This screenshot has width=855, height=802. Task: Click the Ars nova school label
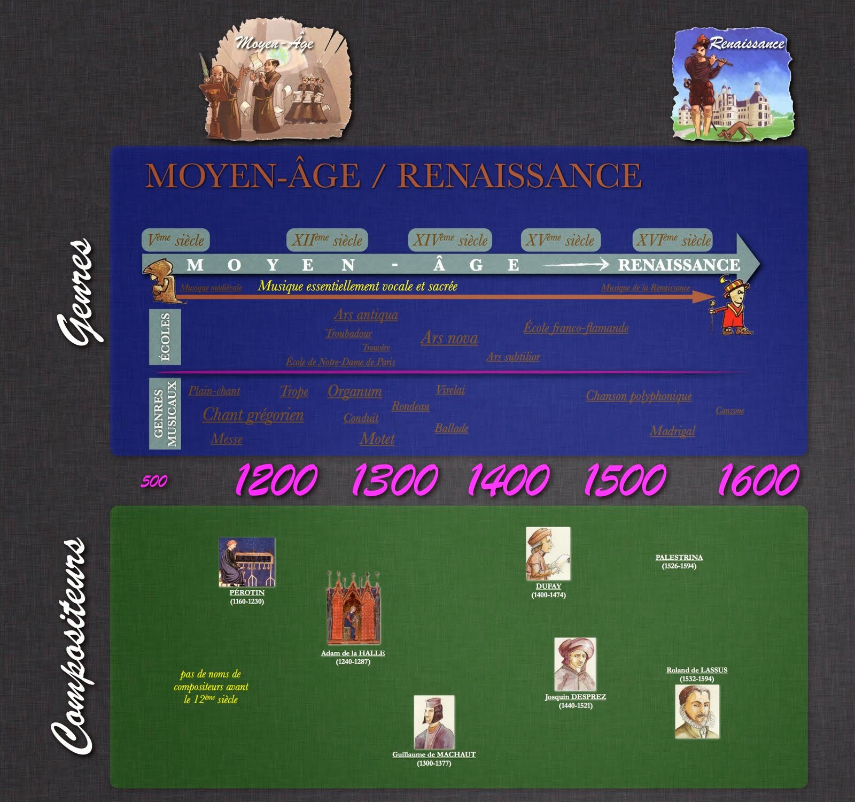449,338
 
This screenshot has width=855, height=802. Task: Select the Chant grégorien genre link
253,415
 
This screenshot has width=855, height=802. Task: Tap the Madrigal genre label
672,431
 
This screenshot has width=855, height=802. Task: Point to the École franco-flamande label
576,328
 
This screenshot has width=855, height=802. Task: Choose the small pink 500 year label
154,482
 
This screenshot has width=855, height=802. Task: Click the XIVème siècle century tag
449,240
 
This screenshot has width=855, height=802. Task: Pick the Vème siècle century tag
176,240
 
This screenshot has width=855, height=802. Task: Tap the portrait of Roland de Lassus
697,712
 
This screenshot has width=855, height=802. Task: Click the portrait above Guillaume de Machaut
434,722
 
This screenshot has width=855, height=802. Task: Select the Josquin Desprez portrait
574,664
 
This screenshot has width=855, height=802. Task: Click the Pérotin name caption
247,592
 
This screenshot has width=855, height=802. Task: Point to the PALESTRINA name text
679,557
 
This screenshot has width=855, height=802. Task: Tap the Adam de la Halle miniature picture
353,609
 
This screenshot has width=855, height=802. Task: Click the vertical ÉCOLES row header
165,337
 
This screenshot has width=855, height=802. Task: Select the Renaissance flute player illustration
732,85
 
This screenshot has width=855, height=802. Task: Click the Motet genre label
377,439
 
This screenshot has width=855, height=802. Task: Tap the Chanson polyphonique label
639,396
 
